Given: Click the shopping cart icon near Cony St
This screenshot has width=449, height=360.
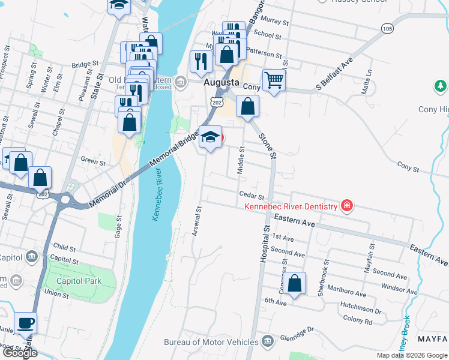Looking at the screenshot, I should point(274,80).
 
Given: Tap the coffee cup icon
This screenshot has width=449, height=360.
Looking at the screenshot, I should point(25,323).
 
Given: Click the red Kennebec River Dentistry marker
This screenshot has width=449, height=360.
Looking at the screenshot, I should point(346,206).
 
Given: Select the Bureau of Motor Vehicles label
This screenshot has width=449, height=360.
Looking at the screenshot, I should point(212,343).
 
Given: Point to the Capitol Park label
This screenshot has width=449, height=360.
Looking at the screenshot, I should point(79,281).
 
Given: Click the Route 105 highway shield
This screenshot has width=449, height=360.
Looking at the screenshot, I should point(387,29).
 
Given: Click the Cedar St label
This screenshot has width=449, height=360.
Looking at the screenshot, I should point(252,196).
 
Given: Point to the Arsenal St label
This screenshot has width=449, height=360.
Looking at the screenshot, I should point(196,221).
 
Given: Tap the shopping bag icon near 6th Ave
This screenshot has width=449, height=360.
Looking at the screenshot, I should point(294,284).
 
